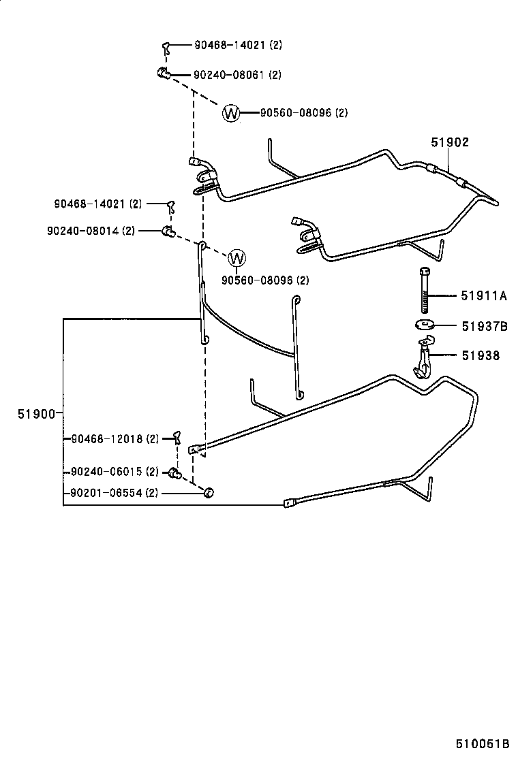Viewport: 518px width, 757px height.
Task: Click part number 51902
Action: click(x=450, y=143)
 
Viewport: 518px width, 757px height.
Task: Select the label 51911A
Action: click(x=484, y=296)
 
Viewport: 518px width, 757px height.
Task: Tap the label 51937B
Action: click(x=484, y=327)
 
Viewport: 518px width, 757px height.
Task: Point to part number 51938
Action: click(x=481, y=355)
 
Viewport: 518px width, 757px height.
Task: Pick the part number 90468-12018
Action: click(x=107, y=439)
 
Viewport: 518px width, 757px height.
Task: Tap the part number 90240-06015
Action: click(x=107, y=472)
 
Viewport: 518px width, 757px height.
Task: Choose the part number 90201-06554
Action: click(x=107, y=493)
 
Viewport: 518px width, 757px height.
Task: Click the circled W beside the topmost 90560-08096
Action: click(x=232, y=113)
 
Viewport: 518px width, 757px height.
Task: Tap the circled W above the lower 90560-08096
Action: click(x=237, y=259)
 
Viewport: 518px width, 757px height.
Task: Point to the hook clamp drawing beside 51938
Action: click(x=423, y=359)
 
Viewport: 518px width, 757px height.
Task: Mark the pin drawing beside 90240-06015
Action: click(x=174, y=472)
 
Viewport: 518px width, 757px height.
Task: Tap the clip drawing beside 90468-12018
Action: click(x=177, y=437)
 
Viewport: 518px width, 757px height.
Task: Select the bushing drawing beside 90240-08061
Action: click(x=163, y=74)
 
